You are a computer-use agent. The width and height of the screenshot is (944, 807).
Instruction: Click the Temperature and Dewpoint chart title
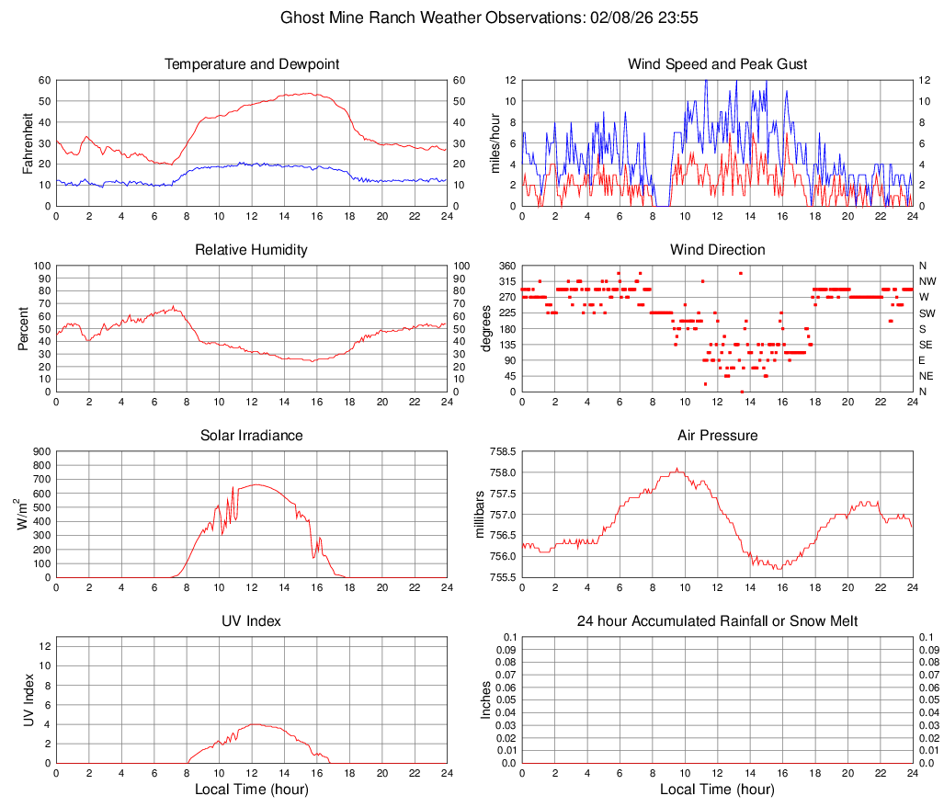251,64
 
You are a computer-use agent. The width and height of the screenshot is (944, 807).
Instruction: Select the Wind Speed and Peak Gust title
717,64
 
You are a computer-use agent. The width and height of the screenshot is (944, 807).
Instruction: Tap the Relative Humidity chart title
251,250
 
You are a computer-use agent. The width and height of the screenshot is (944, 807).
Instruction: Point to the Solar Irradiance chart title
251,436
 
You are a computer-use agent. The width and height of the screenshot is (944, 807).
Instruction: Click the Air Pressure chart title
717,436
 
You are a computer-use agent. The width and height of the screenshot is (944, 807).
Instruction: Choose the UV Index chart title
251,621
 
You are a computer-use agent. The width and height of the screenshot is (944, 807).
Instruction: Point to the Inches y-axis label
486,699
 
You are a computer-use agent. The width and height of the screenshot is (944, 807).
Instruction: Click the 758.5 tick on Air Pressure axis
501,452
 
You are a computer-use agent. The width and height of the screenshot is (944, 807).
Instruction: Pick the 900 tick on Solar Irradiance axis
40,452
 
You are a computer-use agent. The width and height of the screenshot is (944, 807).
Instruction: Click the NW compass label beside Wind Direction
927,282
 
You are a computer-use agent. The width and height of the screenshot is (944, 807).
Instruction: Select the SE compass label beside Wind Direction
927,345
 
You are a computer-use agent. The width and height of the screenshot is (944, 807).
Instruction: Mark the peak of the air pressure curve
677,469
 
